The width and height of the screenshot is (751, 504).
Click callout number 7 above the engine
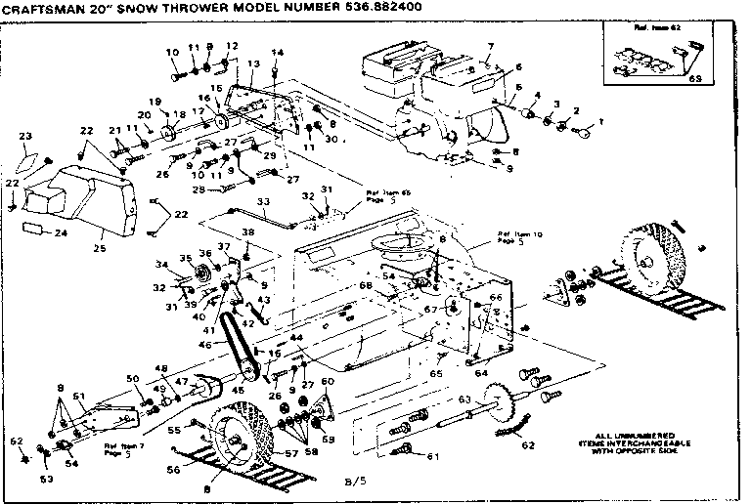click(x=491, y=47)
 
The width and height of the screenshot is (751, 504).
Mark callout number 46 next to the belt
click(x=204, y=345)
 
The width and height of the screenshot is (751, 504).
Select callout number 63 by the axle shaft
click(x=465, y=399)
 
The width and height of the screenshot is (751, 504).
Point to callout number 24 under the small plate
click(x=61, y=233)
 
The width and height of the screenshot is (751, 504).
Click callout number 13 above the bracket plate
click(x=252, y=64)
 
